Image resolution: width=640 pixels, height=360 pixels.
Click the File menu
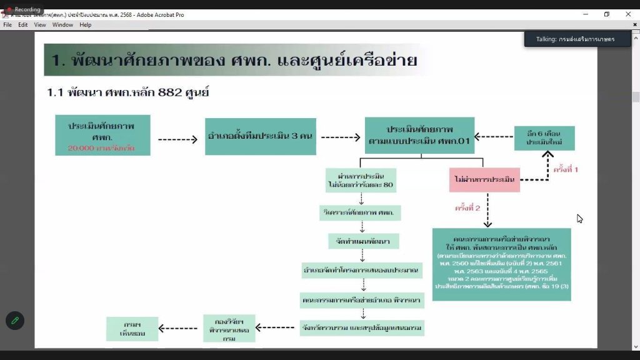pos(7,25)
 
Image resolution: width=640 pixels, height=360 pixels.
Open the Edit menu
pos(23,25)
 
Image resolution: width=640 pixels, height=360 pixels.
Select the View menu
pos(40,25)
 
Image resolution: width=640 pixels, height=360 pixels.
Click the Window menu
pos(62,25)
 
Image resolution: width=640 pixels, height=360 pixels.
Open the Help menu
pos(86,25)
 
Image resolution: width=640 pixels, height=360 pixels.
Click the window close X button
pos(628,14)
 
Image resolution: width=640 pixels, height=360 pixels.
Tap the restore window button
pos(606,14)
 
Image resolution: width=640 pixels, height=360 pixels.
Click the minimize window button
pos(584,14)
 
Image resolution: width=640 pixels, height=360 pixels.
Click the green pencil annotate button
pos(15,320)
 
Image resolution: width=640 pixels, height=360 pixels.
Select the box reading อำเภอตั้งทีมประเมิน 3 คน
pos(261,136)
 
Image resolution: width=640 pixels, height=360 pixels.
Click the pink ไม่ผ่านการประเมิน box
pos(484,180)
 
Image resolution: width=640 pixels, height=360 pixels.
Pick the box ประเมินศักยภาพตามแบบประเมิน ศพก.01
pos(420,136)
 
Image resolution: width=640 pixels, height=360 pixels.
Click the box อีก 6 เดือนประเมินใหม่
pos(544,138)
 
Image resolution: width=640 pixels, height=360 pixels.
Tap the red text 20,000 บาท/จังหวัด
pos(101,149)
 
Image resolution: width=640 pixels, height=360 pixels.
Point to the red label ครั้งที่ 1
pos(566,169)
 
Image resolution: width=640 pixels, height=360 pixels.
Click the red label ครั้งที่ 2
pos(467,208)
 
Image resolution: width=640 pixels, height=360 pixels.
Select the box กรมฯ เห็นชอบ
pos(132,329)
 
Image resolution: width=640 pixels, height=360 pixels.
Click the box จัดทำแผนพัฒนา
pos(364,241)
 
